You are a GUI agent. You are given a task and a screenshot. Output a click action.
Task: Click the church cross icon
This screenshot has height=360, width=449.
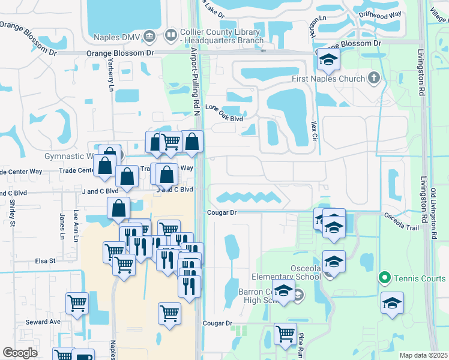point(373,78)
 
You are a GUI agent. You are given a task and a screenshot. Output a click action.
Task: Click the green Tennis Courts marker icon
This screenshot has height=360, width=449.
point(385,278)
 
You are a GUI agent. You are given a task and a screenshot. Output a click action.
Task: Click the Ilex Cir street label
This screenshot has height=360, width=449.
point(313,127)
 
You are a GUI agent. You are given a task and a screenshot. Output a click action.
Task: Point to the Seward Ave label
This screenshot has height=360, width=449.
point(43,322)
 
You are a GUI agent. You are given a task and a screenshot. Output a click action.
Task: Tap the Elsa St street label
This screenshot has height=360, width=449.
point(45,261)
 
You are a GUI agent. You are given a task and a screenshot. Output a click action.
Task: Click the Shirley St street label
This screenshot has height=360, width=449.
point(11,214)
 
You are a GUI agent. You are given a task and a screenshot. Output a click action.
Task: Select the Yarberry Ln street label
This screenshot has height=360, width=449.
point(110,78)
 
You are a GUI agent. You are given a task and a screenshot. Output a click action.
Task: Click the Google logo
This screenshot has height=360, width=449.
point(20,353)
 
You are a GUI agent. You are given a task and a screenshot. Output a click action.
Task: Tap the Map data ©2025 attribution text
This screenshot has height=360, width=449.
point(423,355)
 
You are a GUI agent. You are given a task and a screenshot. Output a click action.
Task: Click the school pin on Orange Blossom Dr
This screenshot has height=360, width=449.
point(328,59)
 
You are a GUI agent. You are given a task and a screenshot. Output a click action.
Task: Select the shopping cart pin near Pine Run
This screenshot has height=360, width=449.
point(286,334)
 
